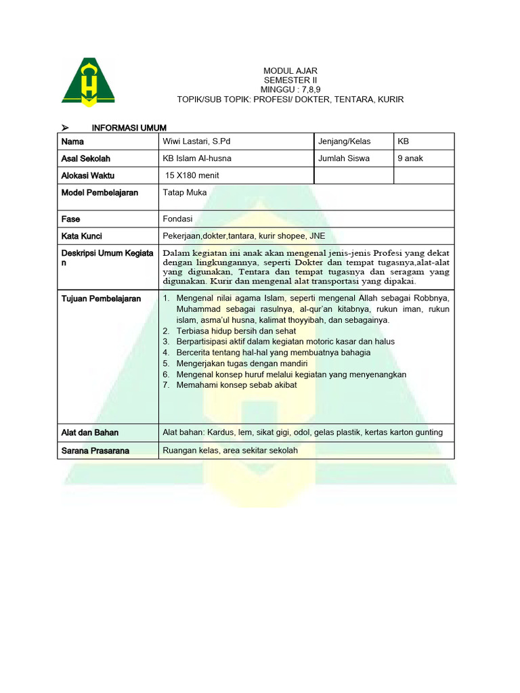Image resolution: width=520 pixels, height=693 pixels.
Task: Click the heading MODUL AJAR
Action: click(x=289, y=71)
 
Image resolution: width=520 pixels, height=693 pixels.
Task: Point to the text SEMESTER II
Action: click(x=289, y=81)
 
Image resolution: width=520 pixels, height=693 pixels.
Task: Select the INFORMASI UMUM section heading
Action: click(x=129, y=128)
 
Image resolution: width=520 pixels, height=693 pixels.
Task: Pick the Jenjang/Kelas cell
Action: click(x=345, y=141)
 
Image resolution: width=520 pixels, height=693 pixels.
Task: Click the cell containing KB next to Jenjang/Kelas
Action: click(x=404, y=141)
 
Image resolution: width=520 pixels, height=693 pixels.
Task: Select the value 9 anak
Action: click(x=410, y=158)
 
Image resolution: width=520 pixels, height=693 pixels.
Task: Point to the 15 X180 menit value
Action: click(x=192, y=175)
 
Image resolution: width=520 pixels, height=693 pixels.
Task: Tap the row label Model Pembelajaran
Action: click(x=100, y=192)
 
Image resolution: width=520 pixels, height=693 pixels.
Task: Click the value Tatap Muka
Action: click(x=185, y=192)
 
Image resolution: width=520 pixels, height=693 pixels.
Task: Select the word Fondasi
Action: click(x=178, y=219)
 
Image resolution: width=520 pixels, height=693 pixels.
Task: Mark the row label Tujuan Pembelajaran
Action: click(x=101, y=298)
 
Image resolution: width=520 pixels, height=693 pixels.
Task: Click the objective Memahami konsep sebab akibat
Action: click(x=236, y=385)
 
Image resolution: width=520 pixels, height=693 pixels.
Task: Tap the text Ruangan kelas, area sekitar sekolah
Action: click(x=230, y=450)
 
